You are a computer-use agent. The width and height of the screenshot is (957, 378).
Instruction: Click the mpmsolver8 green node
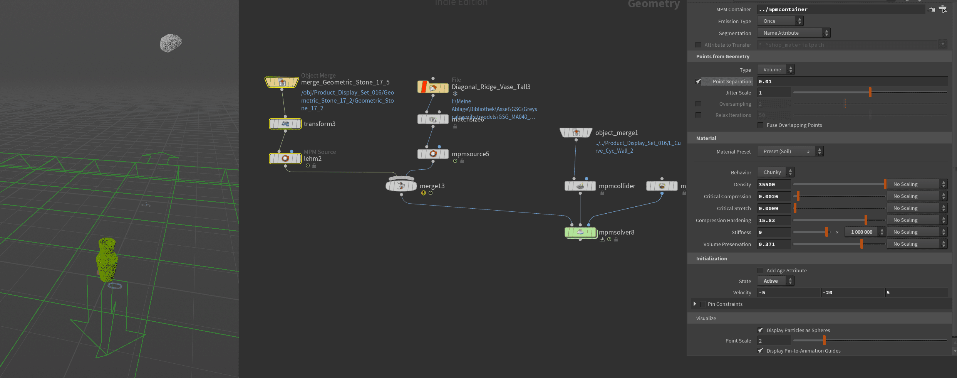580,232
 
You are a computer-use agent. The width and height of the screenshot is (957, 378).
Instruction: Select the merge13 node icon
401,186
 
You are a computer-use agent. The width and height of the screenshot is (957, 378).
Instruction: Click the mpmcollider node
580,186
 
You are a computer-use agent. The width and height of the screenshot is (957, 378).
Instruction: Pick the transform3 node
285,124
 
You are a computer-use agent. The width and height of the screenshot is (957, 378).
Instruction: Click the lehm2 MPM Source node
285,159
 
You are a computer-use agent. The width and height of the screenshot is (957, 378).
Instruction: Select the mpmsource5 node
433,154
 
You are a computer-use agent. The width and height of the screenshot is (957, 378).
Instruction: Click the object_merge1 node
576,133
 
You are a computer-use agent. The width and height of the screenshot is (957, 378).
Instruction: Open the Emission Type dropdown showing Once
780,21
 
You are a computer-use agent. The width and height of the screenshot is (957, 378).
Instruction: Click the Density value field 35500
773,184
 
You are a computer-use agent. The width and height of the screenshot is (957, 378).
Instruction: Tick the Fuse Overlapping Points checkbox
760,125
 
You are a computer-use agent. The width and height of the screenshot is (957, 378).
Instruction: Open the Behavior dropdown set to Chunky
776,172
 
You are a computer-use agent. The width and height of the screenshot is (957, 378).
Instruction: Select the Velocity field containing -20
852,292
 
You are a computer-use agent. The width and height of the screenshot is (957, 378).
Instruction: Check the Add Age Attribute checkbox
760,270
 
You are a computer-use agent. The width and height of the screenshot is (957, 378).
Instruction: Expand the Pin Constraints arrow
695,304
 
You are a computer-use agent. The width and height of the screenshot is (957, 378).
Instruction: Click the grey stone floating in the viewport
171,43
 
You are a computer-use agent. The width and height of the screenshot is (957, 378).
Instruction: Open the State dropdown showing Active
776,281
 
